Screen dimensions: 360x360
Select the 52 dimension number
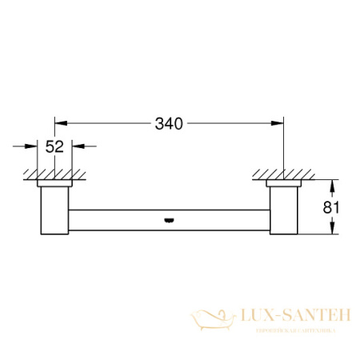[x=55, y=146]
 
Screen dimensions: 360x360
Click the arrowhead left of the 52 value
[x=34, y=146]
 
